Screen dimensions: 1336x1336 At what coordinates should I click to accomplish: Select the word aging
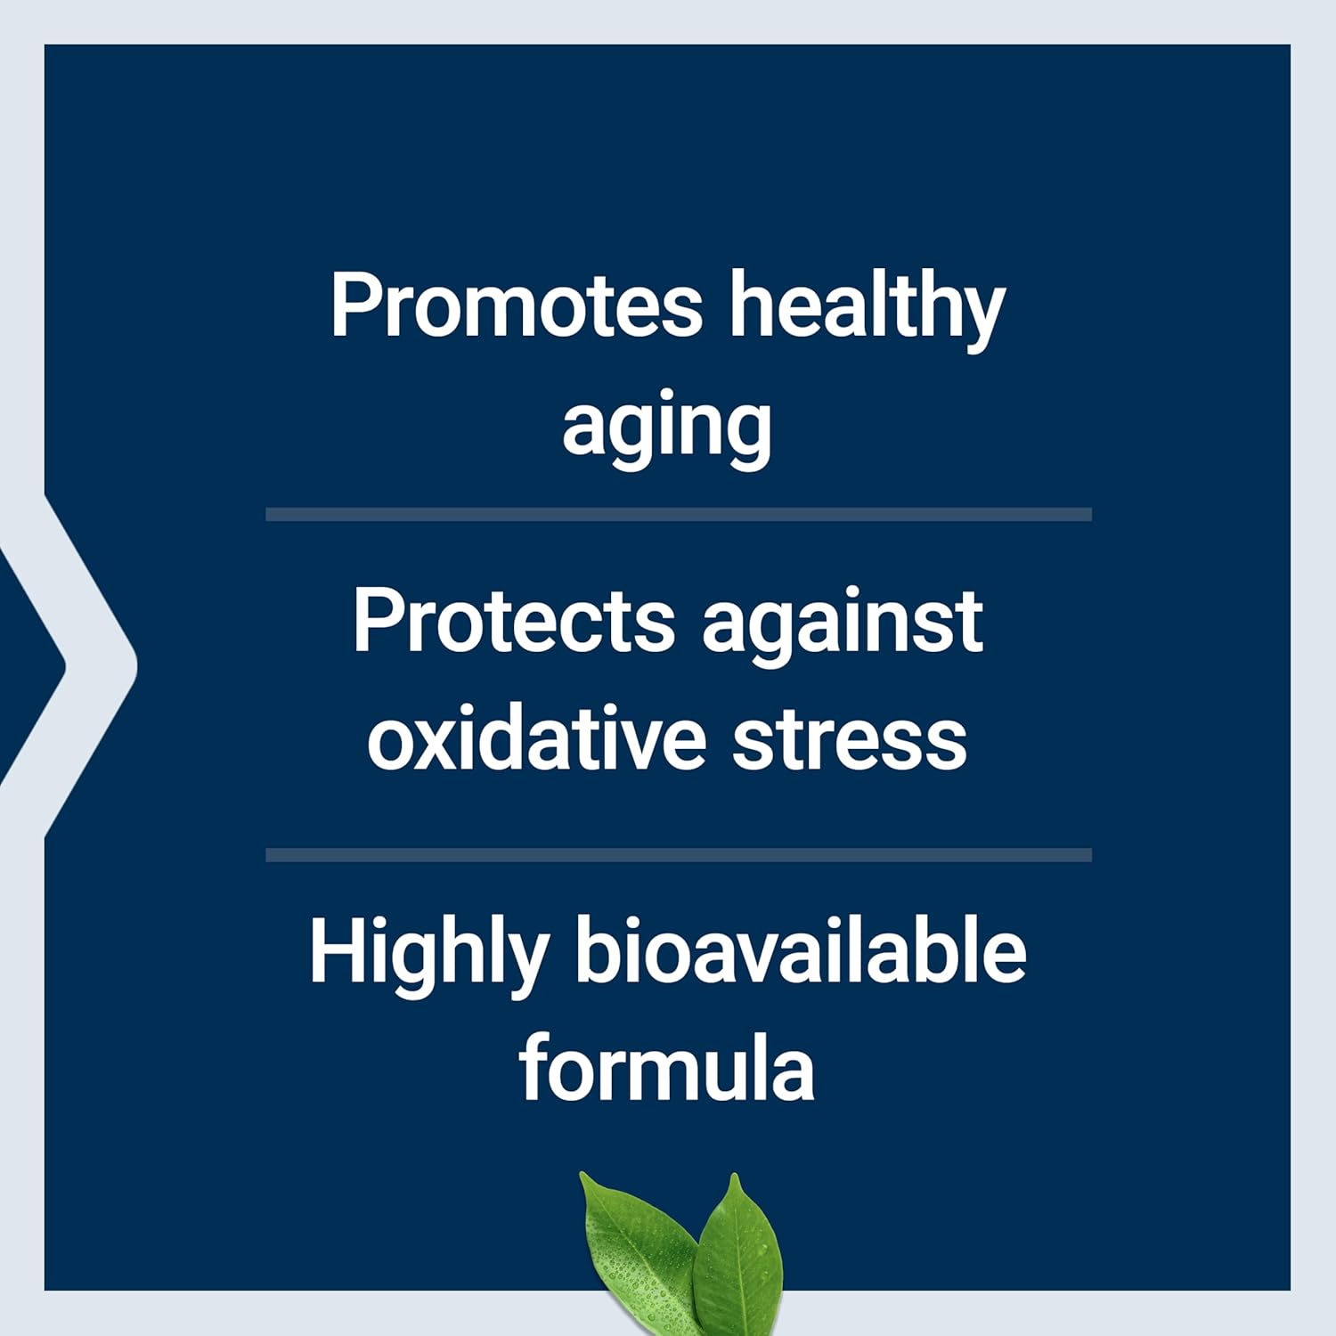[x=666, y=428]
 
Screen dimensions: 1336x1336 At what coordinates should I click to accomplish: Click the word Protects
[x=514, y=621]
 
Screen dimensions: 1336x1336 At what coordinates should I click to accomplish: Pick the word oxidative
[x=536, y=739]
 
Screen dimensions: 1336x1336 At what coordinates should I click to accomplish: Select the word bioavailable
[x=800, y=951]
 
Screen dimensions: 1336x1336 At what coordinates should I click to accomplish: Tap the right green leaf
[x=739, y=1256]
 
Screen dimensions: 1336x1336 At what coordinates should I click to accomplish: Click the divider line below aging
[x=679, y=515]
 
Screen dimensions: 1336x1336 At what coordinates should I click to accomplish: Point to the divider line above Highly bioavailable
[x=679, y=855]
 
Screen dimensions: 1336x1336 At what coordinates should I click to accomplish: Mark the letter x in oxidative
[x=432, y=742]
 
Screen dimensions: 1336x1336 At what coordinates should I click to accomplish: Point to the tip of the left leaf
[x=583, y=1177]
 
